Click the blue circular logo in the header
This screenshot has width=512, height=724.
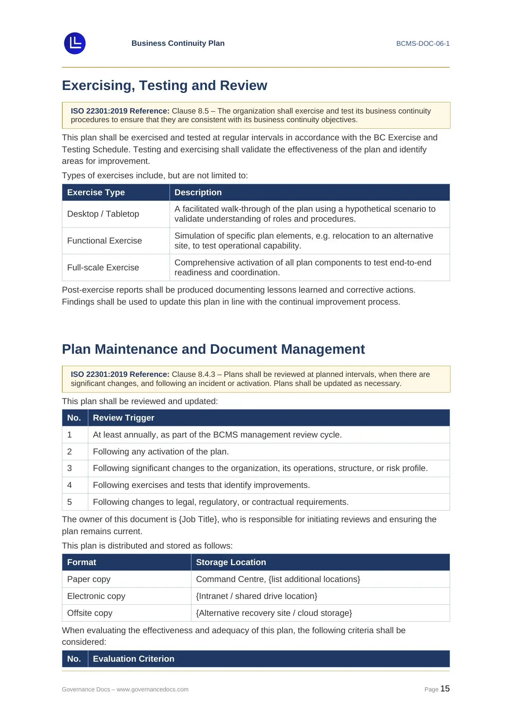point(75,43)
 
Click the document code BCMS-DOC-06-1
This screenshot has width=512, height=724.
point(422,44)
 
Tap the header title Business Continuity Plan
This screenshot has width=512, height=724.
point(178,43)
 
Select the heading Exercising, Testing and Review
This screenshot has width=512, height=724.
point(164,85)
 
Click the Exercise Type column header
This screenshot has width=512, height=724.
point(96,192)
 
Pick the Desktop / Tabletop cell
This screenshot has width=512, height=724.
point(103,214)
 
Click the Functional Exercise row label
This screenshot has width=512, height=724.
point(104,241)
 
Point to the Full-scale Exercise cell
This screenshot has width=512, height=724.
point(103,267)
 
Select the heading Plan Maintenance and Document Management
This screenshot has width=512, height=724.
point(213,349)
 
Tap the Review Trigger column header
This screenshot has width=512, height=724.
point(123,418)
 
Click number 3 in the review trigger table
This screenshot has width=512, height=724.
point(69,468)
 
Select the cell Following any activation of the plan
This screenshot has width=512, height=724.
point(160,452)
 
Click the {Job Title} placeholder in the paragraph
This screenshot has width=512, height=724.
point(198,519)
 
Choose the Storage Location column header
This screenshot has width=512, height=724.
point(231,562)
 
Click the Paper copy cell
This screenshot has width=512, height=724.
point(89,579)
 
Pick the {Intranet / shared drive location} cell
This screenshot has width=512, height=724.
point(257,596)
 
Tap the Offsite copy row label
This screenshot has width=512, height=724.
point(90,613)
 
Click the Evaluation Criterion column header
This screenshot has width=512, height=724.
point(133,659)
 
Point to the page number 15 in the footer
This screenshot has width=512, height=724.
point(445,689)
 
